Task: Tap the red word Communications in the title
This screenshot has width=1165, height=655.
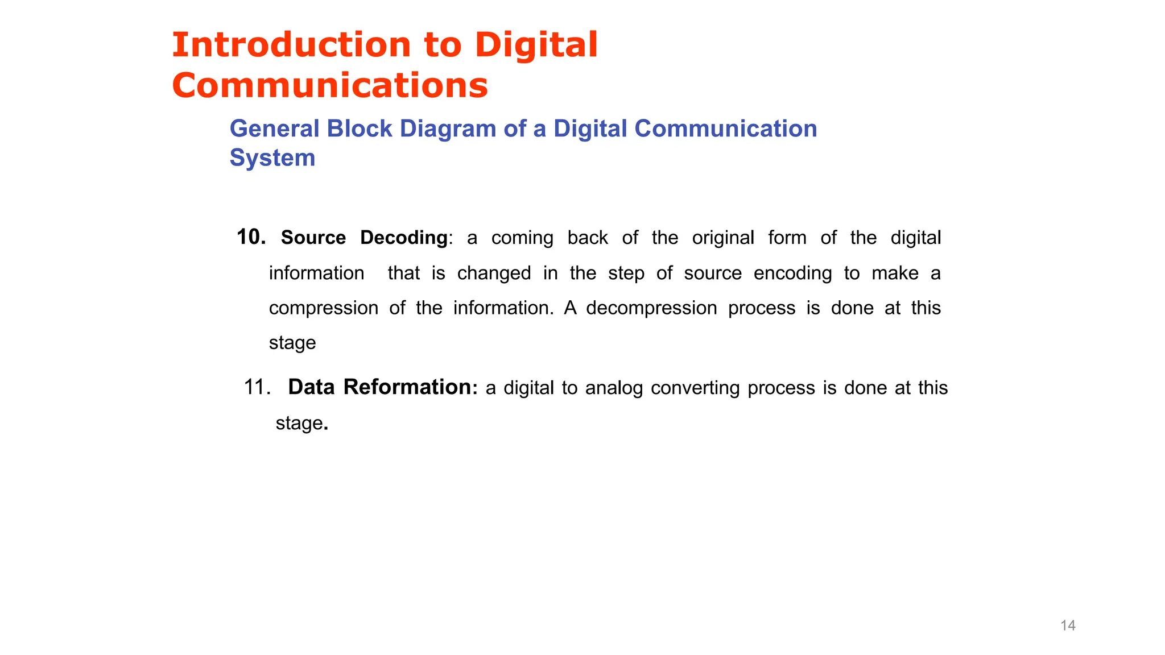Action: coord(330,86)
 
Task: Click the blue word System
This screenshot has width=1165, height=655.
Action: coord(272,158)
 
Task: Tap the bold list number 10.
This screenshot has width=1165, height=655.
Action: coord(251,237)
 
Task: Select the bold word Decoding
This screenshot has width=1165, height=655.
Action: coord(403,238)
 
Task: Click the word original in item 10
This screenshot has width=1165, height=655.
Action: coord(722,238)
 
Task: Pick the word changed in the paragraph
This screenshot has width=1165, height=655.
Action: coord(494,273)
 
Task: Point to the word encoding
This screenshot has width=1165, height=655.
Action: coord(792,273)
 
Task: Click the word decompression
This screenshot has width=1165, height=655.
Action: coord(651,308)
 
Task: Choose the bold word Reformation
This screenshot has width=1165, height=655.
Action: coord(407,387)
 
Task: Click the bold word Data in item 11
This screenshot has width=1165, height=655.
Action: coord(312,387)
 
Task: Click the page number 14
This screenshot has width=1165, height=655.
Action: coord(1068,625)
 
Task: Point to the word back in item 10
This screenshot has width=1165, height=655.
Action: coord(588,238)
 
